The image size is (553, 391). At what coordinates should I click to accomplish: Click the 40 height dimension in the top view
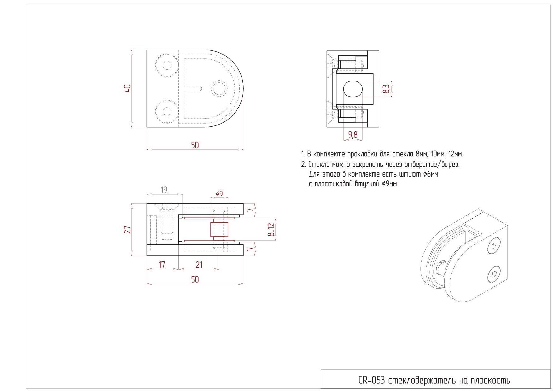[x=127, y=88]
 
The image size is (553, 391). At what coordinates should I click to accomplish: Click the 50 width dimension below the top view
[x=195, y=145]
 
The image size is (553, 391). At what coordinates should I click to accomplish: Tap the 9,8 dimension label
[x=353, y=135]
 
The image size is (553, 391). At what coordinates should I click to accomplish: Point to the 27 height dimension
[x=127, y=230]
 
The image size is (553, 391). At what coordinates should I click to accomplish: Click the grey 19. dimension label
[x=165, y=190]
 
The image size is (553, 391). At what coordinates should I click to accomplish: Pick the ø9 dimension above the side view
[x=219, y=194]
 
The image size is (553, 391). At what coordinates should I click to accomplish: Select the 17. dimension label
[x=163, y=265]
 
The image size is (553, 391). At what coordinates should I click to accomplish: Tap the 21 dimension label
[x=199, y=265]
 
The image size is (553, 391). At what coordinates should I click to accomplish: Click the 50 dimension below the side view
[x=195, y=279]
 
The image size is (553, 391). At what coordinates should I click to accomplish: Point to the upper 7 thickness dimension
[x=250, y=210]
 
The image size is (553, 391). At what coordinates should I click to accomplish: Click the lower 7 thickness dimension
[x=250, y=249]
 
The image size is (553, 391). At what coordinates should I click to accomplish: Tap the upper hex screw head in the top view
[x=167, y=66]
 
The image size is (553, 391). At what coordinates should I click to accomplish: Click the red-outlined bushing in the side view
[x=219, y=229]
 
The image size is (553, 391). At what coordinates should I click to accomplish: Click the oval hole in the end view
[x=353, y=89]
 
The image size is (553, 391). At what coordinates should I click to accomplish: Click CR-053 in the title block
[x=372, y=381]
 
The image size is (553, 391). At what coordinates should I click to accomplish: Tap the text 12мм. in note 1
[x=455, y=154]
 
